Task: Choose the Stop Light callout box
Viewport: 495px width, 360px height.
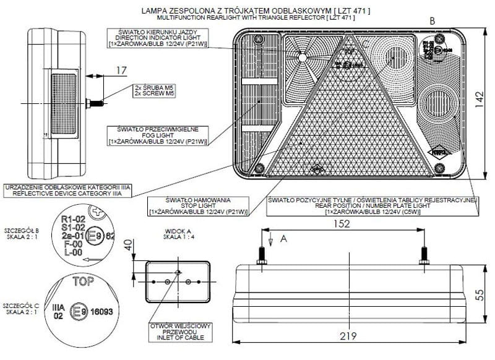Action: tap(198, 207)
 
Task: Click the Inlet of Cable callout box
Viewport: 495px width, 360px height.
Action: tap(181, 333)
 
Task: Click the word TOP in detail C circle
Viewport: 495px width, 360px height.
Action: tap(84, 283)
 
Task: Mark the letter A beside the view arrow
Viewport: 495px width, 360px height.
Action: tap(284, 238)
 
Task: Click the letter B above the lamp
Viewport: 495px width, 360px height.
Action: tap(433, 21)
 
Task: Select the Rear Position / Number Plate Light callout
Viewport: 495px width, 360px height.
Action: tap(372, 206)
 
